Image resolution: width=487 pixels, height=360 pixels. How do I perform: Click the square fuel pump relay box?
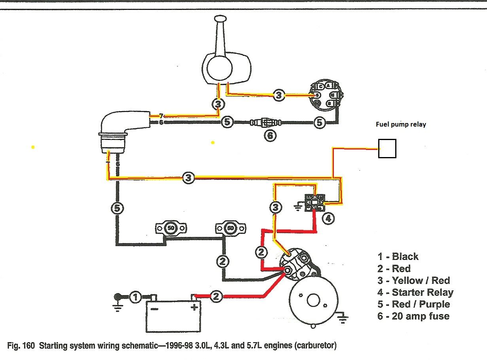coord(387,149)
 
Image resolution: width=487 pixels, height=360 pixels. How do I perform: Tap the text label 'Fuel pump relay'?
coord(401,124)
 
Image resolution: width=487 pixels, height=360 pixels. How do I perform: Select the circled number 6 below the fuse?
coord(269,136)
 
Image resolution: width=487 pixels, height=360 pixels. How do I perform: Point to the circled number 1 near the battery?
coord(135,297)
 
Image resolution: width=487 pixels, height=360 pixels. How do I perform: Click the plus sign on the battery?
coord(193,308)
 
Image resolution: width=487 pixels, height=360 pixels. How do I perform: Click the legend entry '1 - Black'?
coord(398,257)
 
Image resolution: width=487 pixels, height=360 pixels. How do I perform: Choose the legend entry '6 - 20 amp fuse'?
coord(413,316)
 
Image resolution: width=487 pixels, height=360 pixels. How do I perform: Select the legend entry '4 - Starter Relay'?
coord(415,292)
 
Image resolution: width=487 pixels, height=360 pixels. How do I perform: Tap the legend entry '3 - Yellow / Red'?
coord(413,280)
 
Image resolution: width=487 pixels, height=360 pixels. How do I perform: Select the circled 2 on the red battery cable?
coord(216,297)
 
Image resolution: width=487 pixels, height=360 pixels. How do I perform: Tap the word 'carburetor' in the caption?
coord(316,345)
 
